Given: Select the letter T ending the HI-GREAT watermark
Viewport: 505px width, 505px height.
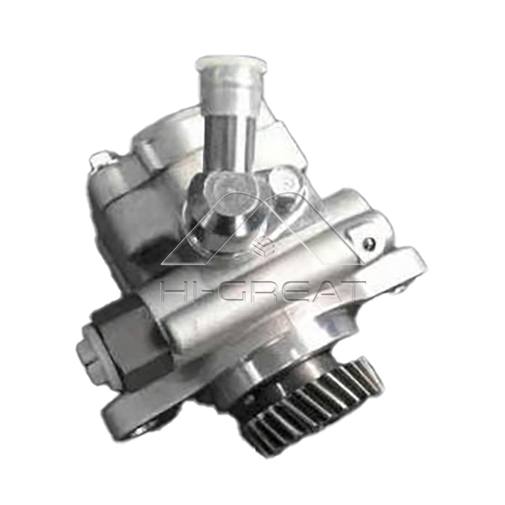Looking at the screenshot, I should click(351, 291).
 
